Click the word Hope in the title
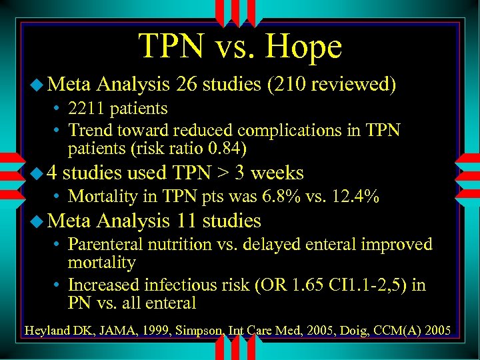click(303, 47)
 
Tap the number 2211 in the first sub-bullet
click(89, 108)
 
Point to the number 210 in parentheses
click(293, 85)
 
